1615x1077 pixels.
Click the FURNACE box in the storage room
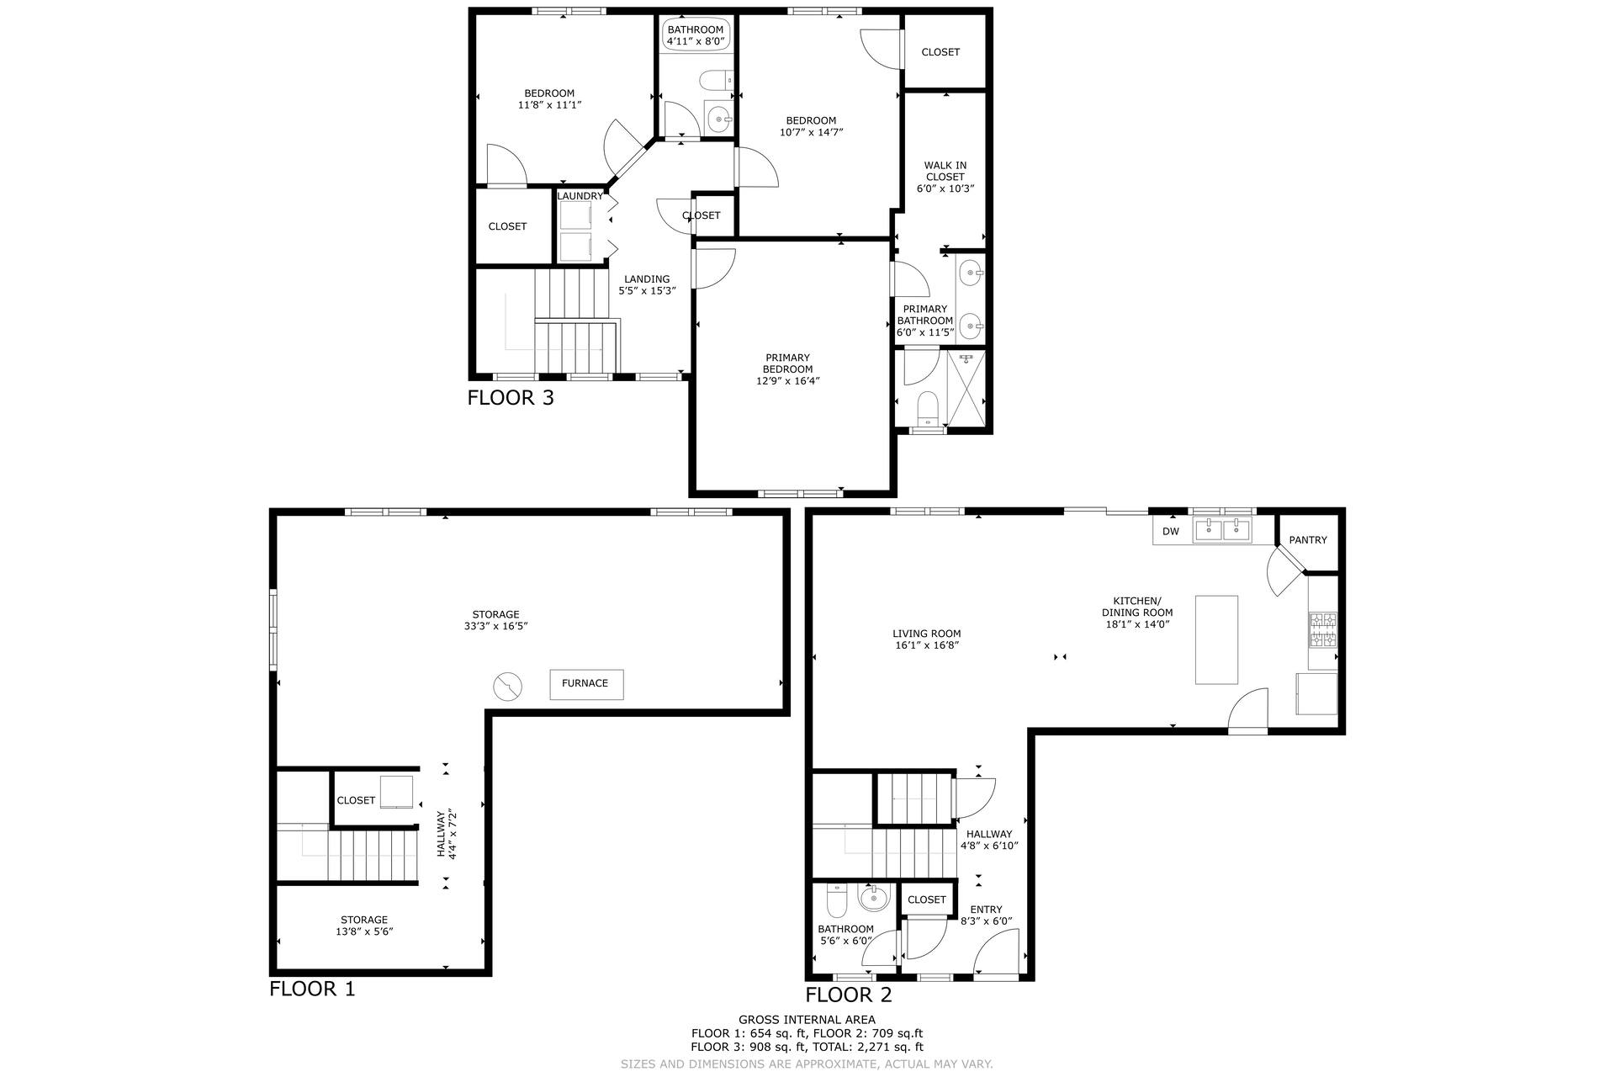586,684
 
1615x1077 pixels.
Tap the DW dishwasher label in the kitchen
1171,531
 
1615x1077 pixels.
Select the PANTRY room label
1308,540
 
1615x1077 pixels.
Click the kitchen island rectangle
1217,640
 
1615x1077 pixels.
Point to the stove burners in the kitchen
1322,630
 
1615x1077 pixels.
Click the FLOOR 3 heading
511,397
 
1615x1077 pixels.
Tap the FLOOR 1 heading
312,989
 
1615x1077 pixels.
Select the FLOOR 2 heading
848,995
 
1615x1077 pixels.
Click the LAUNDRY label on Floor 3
580,196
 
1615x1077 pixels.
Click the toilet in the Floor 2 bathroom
837,903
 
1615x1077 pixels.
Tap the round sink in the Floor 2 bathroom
875,899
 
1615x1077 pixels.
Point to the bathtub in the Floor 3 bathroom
695,34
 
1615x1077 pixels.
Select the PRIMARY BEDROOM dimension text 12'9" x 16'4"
788,380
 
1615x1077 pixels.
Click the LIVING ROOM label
927,634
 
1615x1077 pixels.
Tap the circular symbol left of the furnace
507,686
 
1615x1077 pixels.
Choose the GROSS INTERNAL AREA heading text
807,1020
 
